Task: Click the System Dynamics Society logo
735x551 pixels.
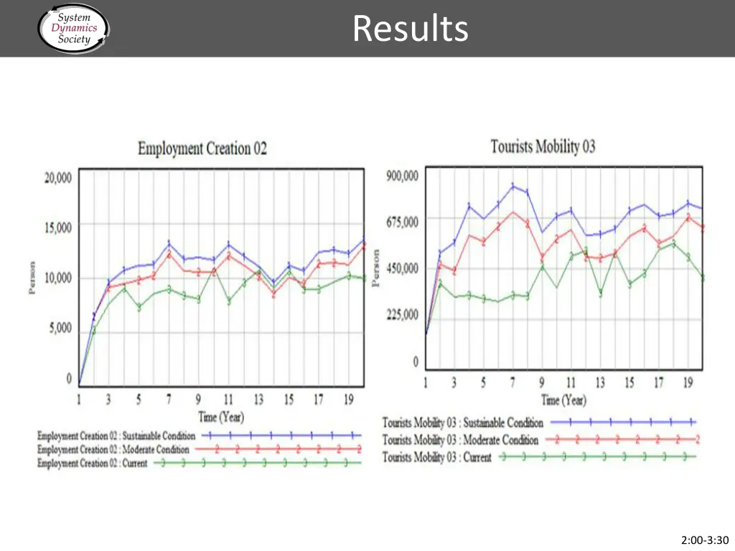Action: coord(73,29)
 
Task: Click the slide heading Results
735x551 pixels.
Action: coord(411,29)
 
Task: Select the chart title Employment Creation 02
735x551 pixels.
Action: coord(202,149)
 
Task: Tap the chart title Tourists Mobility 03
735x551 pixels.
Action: coord(543,147)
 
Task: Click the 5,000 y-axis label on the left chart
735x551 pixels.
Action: coord(60,328)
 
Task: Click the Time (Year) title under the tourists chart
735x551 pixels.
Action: coord(563,400)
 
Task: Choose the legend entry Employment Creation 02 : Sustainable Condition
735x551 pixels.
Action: coord(116,435)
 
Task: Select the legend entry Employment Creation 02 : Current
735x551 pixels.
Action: coord(92,463)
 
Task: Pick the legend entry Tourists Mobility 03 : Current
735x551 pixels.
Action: coord(436,457)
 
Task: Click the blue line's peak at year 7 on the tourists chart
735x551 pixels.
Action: coord(513,186)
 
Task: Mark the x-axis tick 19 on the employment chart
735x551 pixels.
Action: coord(348,400)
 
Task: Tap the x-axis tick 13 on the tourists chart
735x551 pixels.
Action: coord(600,383)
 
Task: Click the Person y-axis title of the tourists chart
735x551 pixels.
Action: coord(375,268)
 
